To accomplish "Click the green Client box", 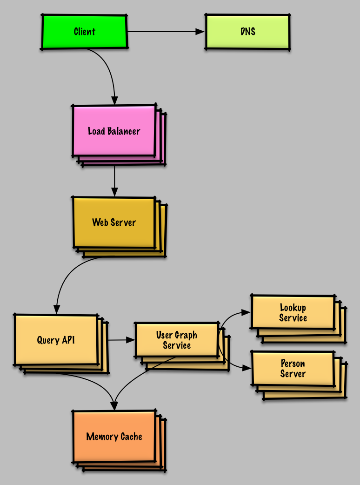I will coord(84,32).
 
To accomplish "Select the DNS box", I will coord(247,32).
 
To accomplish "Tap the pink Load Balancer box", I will coord(114,131).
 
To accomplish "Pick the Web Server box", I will coord(114,222).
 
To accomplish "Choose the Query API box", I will coord(56,340).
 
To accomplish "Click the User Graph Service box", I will coord(176,340).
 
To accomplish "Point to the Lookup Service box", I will coord(293,313).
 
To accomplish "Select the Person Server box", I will coord(293,368).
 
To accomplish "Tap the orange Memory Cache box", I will coord(114,437).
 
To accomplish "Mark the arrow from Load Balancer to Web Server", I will coord(114,179).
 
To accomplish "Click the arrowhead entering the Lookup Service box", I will coord(247,312).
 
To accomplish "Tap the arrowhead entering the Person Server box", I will coord(247,368).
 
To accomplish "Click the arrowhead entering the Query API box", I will coord(56,310).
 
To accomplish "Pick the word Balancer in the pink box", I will coord(125,131).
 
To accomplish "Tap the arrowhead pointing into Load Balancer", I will coord(114,101).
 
